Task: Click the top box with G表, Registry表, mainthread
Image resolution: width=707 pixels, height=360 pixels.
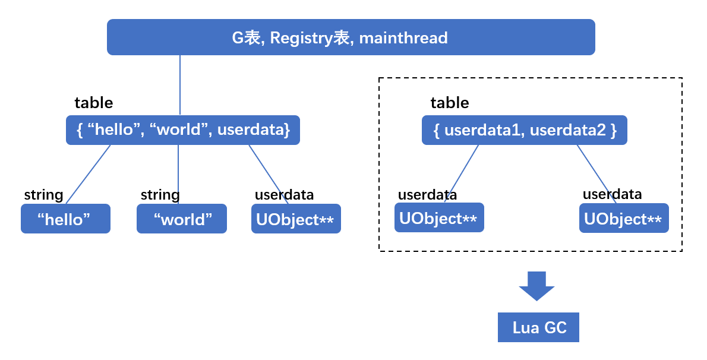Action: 351,37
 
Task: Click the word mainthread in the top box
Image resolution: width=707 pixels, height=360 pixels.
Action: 403,39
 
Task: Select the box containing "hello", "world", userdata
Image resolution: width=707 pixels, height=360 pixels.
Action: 182,130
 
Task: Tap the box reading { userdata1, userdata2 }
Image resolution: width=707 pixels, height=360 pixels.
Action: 524,130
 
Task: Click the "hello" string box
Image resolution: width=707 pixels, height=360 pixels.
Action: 65,219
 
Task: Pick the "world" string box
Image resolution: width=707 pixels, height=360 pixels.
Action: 182,219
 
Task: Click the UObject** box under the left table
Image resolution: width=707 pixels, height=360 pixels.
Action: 296,219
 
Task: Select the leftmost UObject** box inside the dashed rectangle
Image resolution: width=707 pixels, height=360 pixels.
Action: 439,217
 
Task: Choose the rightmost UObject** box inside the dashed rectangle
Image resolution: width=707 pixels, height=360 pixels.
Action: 624,218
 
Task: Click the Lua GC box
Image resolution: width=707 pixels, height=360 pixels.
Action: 538,327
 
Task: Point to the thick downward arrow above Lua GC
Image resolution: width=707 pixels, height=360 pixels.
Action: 536,286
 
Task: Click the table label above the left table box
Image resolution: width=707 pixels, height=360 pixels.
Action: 93,103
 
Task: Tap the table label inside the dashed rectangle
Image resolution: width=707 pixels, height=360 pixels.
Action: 450,103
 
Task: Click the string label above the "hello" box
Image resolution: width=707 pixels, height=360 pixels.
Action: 43,195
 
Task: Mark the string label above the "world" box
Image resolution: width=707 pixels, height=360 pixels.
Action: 160,195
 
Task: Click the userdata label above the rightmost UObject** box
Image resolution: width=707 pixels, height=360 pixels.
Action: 612,194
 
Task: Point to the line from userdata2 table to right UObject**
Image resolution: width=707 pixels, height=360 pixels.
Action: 597,173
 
